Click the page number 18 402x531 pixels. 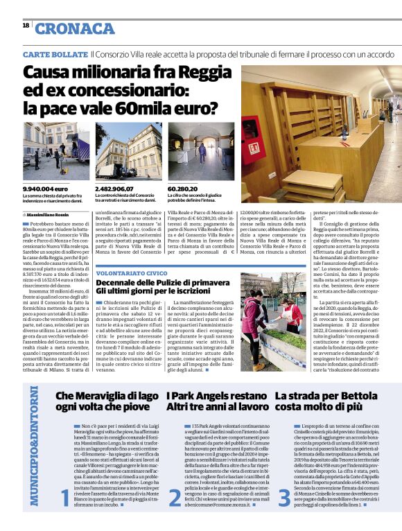pyautogui.click(x=25, y=25)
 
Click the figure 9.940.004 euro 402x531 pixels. pyautogui.click(x=45, y=189)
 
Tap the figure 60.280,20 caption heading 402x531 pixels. pyautogui.click(x=183, y=189)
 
